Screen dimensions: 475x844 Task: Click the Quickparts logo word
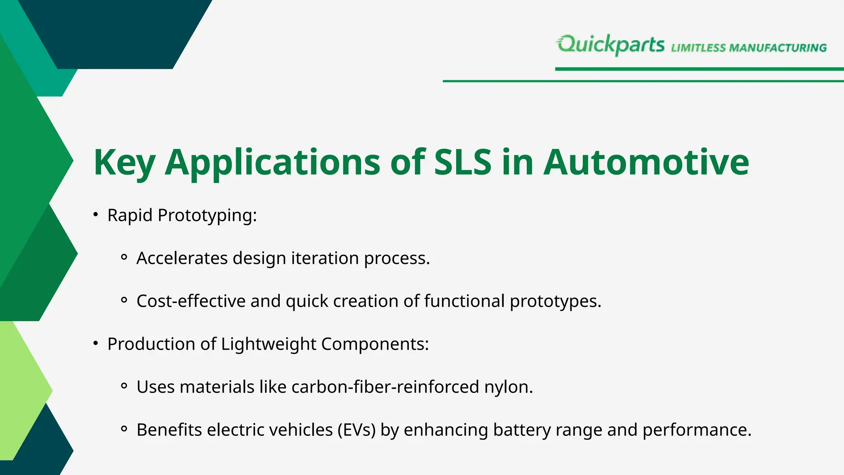click(611, 45)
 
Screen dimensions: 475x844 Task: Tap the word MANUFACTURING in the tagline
click(778, 48)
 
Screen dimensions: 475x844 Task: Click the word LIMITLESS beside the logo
click(698, 48)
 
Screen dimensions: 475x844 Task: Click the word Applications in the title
click(272, 162)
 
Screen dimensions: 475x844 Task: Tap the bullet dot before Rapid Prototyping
click(96, 215)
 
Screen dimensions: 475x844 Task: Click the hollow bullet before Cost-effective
click(124, 301)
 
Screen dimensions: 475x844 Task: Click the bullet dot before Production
click(96, 343)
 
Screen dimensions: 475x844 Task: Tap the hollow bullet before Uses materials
click(124, 386)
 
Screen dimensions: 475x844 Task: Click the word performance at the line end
click(696, 430)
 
